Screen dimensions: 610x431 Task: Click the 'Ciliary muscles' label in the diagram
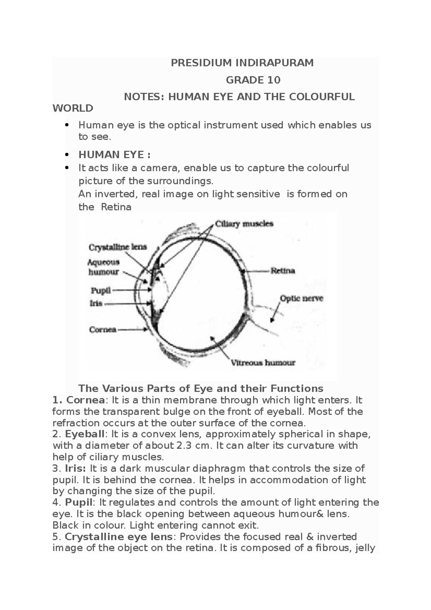coord(244,224)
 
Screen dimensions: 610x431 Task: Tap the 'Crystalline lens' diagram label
coord(117,248)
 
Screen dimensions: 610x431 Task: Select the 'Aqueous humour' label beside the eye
coord(104,267)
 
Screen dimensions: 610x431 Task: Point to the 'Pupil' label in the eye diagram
coord(101,290)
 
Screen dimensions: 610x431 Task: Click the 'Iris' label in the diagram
coord(96,304)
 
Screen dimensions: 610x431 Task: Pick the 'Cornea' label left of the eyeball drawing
coord(103,329)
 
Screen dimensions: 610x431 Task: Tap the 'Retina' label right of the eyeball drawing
coord(283,271)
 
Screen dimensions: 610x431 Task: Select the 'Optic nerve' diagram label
coord(302,298)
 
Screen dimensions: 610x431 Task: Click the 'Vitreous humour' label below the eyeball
coord(263,362)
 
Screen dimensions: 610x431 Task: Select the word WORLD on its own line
coord(73,108)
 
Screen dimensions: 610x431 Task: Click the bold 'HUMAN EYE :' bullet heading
coord(114,155)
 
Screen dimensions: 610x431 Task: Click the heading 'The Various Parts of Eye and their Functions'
coord(201,388)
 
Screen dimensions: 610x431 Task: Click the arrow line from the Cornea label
coord(131,329)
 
